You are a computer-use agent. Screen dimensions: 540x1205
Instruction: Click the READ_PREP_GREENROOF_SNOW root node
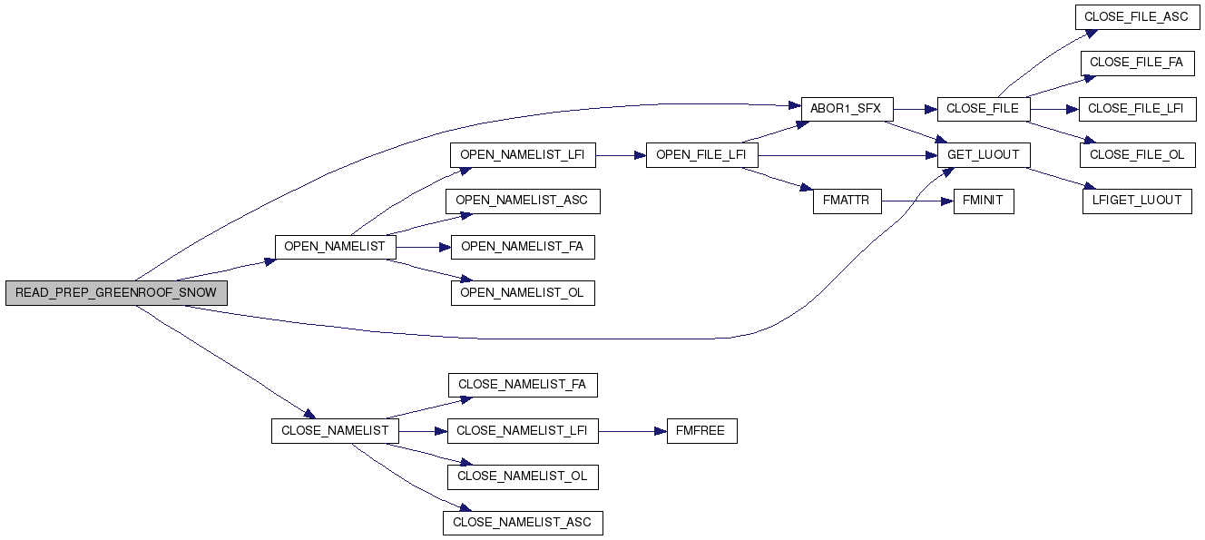(116, 293)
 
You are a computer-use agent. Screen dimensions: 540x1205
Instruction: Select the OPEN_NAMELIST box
(335, 247)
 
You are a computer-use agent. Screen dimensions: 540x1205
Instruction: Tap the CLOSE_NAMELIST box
(335, 430)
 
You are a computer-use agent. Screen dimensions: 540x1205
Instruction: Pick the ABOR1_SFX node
(847, 108)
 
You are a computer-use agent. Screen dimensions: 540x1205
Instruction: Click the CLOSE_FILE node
(983, 108)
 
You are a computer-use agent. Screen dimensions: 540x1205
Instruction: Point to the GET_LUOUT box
(983, 155)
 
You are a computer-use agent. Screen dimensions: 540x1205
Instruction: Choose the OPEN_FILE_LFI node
(700, 155)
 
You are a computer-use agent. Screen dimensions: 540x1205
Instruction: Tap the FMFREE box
(700, 430)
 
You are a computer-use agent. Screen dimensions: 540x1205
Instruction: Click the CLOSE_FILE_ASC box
(1137, 16)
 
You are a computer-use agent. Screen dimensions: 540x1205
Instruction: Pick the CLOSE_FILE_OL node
(1137, 155)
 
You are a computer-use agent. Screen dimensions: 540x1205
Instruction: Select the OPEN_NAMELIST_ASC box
(523, 201)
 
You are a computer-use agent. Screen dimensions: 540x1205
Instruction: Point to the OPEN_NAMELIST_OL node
(523, 293)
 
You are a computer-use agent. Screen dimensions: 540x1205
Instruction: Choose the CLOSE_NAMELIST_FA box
(522, 385)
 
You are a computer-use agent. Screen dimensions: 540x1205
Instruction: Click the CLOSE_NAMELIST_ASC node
(522, 523)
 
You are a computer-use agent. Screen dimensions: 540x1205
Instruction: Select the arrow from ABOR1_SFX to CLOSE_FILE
(915, 108)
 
